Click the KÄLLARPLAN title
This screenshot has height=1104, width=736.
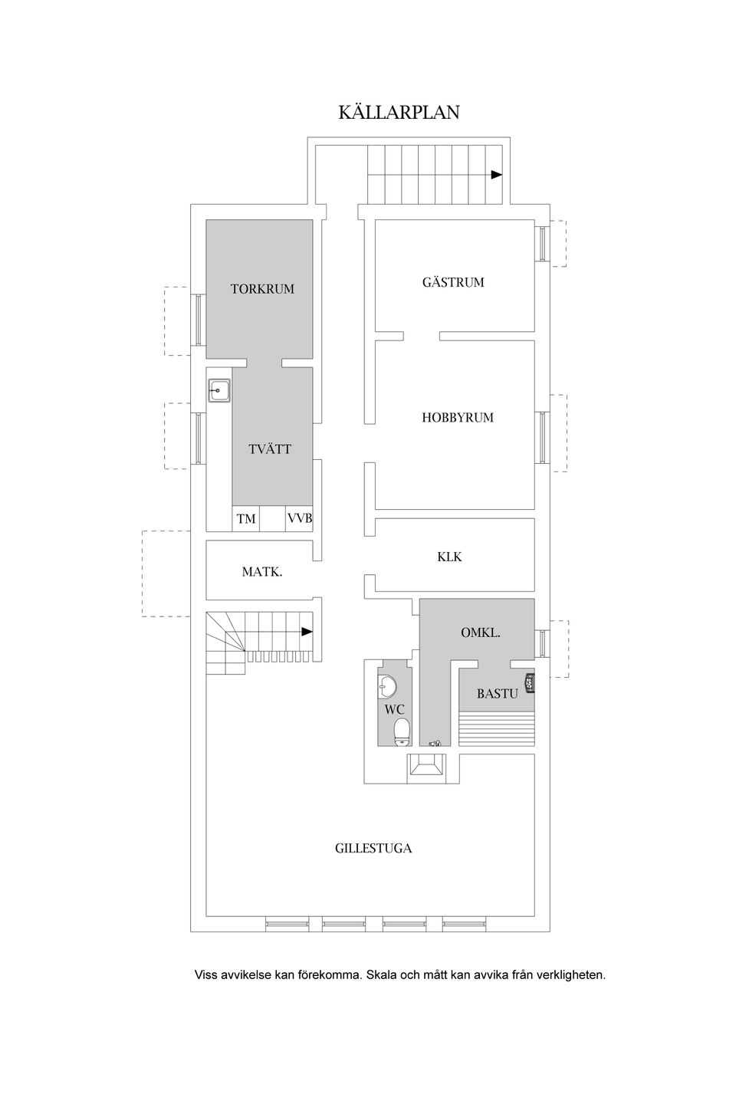point(399,112)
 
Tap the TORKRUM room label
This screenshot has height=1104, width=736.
point(262,289)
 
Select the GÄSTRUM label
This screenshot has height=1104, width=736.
point(453,282)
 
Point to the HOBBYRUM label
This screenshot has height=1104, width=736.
point(458,417)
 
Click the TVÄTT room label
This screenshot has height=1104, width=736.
point(270,449)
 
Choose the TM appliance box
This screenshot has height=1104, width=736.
point(246,518)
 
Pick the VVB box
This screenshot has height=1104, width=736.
point(299,518)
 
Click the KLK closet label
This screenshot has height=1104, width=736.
point(449,557)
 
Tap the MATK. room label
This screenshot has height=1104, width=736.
point(261,572)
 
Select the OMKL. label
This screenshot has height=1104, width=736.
point(481,632)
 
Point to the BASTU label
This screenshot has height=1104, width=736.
point(498,694)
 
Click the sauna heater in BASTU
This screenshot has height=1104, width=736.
point(530,683)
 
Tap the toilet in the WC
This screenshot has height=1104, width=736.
point(402,731)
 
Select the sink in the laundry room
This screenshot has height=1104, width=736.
point(219,390)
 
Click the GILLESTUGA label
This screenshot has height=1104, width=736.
point(373,848)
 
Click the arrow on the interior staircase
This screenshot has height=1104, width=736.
point(307,632)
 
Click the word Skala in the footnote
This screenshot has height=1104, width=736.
point(381,974)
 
